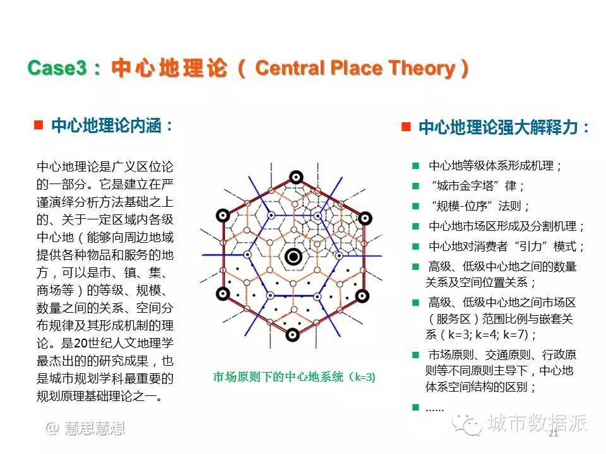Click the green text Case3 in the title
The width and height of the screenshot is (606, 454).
pos(57,68)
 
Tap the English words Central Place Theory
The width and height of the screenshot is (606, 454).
pos(355,68)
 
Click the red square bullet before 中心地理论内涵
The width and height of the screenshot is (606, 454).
pos(39,125)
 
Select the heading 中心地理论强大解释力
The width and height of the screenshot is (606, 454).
pos(498,127)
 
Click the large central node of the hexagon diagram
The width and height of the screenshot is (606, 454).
pos(294,257)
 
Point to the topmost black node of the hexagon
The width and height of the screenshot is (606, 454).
pos(296,177)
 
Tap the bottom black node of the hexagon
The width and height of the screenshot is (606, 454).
pos(292,334)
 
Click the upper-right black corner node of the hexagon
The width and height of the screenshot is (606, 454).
pos(365,218)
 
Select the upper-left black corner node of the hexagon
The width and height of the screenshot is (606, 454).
pos(223,216)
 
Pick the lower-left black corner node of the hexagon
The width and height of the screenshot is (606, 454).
pos(222,294)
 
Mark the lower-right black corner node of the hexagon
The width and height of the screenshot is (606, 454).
pos(362,296)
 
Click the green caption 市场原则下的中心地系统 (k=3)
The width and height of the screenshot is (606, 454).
pos(294,377)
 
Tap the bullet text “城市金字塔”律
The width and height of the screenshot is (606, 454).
pos(477,186)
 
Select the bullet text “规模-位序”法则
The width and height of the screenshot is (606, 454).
pos(480,206)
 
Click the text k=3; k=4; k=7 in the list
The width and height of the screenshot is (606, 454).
pos(488,334)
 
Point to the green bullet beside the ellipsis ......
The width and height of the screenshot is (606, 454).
pos(416,407)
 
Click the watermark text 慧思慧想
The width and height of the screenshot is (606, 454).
pos(95,428)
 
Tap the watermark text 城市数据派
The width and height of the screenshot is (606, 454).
pos(537,422)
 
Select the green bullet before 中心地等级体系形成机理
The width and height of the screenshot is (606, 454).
pos(416,166)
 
